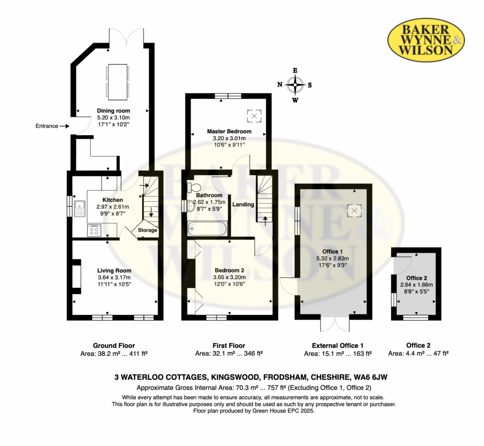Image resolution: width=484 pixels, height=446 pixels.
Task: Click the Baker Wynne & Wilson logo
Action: tap(426, 41)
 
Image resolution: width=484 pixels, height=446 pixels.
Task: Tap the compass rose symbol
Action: tap(295, 85)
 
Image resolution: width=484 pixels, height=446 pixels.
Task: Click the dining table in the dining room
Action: tap(118, 82)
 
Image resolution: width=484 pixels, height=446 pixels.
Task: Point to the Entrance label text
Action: tap(47, 126)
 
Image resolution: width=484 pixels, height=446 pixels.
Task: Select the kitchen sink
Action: tap(79, 208)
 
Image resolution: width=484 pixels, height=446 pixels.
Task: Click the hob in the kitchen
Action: tap(94, 230)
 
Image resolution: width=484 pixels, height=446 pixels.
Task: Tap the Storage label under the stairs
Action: tap(147, 230)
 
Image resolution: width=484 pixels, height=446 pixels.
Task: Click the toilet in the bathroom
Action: tap(193, 187)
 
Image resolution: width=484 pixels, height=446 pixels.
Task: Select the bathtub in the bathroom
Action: tap(207, 229)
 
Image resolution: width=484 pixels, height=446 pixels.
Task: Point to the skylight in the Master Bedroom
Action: tap(254, 116)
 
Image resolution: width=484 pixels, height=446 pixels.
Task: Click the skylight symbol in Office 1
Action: tap(354, 211)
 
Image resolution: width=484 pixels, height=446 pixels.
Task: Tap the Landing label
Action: tap(243, 204)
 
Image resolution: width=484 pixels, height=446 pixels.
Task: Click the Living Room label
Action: tap(114, 271)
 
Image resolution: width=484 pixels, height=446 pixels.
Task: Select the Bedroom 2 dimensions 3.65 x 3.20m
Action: tap(229, 277)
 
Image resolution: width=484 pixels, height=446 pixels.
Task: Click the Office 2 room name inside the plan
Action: tap(417, 278)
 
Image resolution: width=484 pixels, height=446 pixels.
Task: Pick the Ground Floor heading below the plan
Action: tap(114, 345)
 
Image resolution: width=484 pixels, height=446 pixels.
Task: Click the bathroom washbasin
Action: tap(190, 206)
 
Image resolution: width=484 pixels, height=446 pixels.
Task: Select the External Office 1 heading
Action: tap(337, 345)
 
